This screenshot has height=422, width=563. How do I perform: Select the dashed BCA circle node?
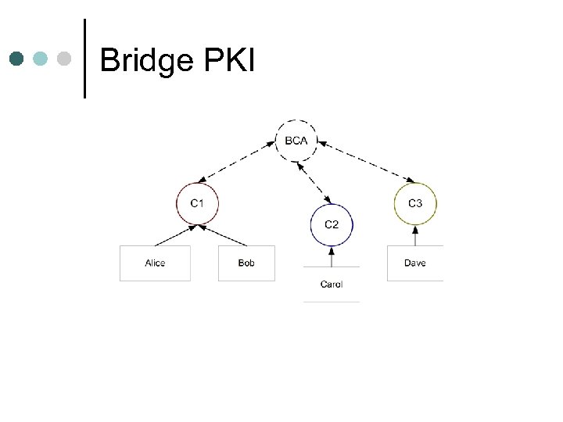pos(296,141)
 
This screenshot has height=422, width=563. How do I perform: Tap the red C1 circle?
pos(197,203)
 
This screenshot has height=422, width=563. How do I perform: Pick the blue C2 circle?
pos(332,224)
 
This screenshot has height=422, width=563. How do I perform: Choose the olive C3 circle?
pos(415,203)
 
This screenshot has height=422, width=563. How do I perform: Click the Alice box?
pos(155,263)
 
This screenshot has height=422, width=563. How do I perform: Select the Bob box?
pos(246,263)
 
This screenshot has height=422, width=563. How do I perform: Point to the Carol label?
pos(332,284)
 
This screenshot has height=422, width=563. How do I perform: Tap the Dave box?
pos(415,263)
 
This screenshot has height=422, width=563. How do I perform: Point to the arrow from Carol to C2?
pos(332,256)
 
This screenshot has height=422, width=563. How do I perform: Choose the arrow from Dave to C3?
pos(415,235)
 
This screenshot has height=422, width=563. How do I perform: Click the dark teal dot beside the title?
pos(17,59)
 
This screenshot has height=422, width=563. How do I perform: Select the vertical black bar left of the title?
pos(84,59)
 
